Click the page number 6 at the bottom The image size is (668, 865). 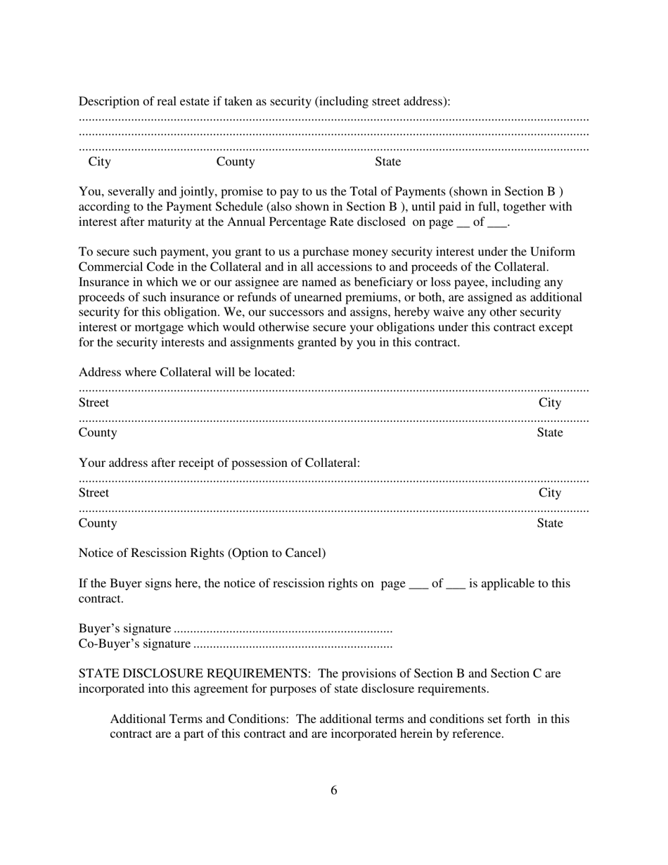click(333, 790)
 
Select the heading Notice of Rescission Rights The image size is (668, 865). click(202, 553)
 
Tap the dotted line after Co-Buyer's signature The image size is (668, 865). click(293, 644)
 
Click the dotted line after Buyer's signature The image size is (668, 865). click(283, 629)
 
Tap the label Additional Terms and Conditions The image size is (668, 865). click(199, 719)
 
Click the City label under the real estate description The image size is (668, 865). click(99, 162)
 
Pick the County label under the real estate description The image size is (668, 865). click(236, 162)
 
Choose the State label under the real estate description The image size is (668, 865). click(387, 162)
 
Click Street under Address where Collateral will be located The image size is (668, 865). click(94, 403)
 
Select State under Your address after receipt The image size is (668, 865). click(550, 523)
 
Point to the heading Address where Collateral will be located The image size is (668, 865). click(186, 372)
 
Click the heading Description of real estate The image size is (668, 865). click(264, 101)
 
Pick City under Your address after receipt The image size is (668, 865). click(550, 493)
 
